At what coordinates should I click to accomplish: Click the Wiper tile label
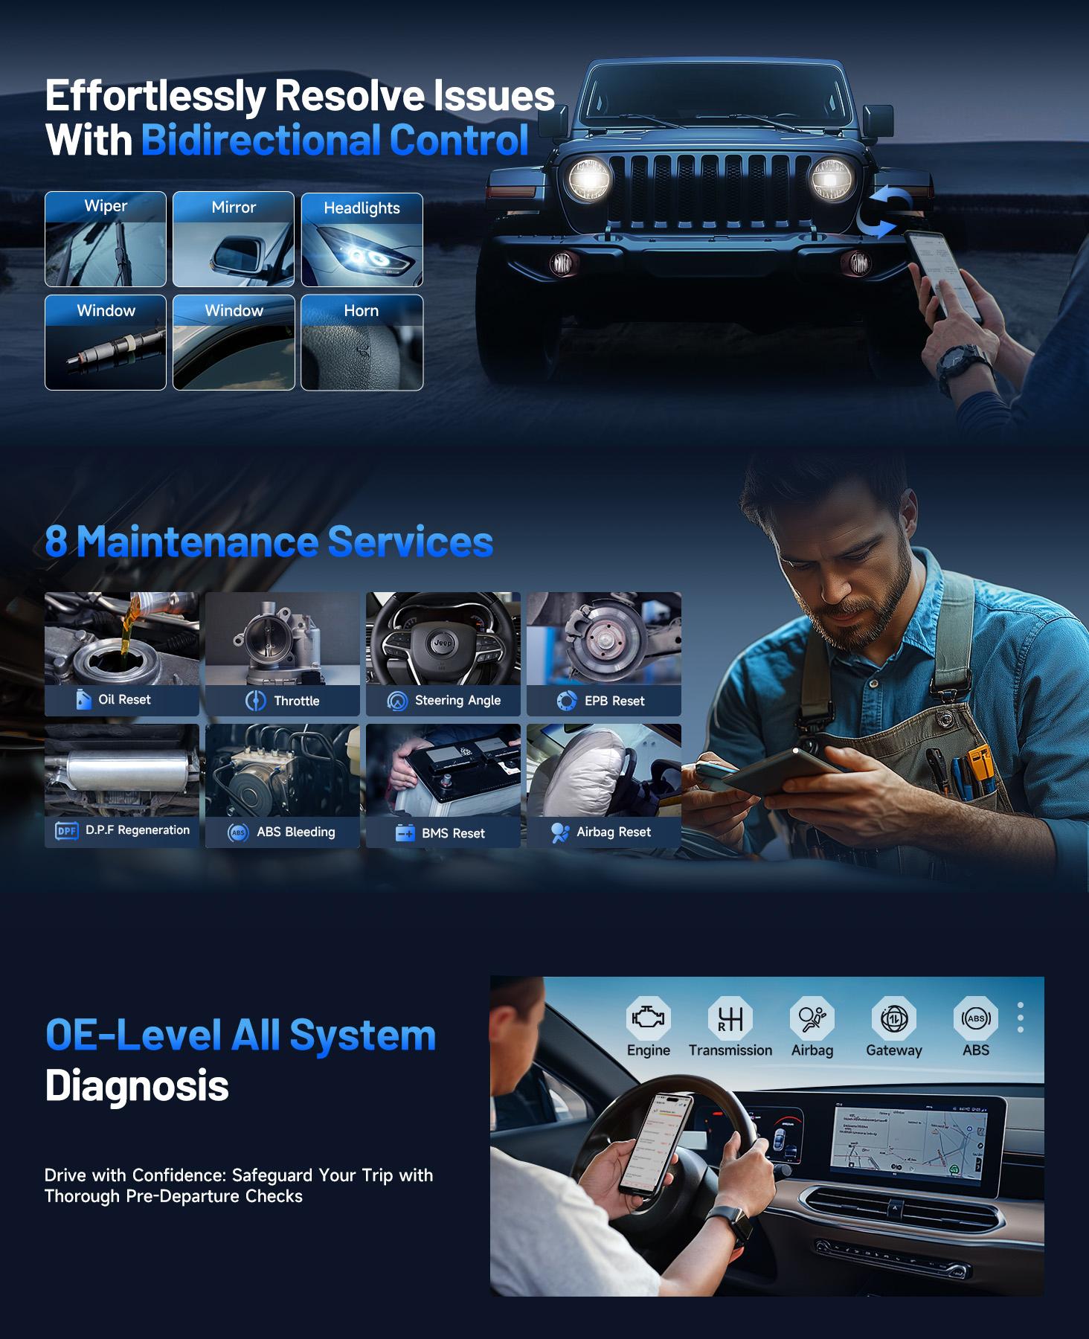click(106, 206)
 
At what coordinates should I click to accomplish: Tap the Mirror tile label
click(234, 208)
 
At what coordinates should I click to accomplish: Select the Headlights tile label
click(362, 208)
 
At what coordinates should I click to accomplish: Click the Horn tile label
click(362, 311)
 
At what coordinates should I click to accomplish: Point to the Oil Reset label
click(124, 700)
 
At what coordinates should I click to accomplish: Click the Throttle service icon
click(255, 701)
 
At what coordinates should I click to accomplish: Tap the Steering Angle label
click(457, 701)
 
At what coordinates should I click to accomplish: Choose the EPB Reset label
click(614, 701)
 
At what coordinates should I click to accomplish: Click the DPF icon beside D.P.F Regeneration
click(67, 831)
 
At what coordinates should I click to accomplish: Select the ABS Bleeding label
click(296, 832)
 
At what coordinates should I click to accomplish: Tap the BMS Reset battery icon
click(405, 833)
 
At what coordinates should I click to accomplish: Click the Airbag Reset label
click(614, 832)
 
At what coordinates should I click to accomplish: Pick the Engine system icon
click(648, 1018)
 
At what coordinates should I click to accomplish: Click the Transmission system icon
click(730, 1018)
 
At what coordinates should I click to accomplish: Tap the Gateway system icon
click(893, 1018)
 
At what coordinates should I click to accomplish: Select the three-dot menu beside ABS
click(1021, 1017)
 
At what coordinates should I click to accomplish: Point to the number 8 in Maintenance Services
click(56, 542)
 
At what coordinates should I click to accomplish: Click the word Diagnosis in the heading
click(137, 1085)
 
